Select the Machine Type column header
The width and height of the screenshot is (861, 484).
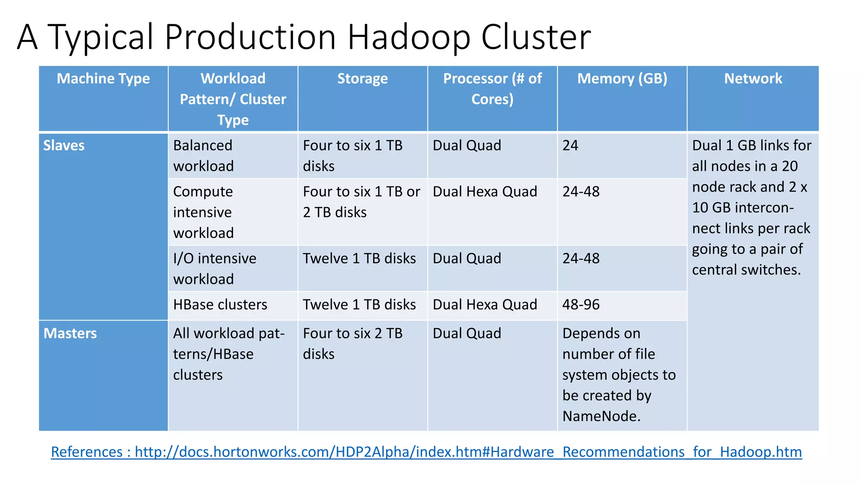(103, 79)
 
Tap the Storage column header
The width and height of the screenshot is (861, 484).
(362, 79)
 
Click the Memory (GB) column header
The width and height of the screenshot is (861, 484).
(622, 79)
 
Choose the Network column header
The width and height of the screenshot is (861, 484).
(753, 79)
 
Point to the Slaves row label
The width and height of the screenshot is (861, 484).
(64, 145)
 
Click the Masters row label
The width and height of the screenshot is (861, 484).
(70, 333)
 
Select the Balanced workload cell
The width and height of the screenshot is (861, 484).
(203, 155)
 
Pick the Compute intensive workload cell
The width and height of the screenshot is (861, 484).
(203, 212)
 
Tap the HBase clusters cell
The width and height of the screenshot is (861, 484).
(220, 305)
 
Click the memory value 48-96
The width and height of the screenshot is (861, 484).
(581, 305)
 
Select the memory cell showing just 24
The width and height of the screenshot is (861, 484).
(570, 145)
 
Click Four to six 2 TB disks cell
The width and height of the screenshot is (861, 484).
(352, 343)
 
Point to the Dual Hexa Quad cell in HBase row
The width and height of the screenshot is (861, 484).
(485, 305)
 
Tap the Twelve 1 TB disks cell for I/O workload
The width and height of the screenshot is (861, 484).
(359, 258)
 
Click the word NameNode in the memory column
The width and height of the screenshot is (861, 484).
(601, 416)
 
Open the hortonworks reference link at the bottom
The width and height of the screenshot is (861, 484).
(426, 452)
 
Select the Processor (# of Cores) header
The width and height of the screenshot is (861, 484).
(492, 89)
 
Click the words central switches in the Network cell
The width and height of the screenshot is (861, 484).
(746, 270)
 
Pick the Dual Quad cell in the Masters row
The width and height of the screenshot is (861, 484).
(467, 333)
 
